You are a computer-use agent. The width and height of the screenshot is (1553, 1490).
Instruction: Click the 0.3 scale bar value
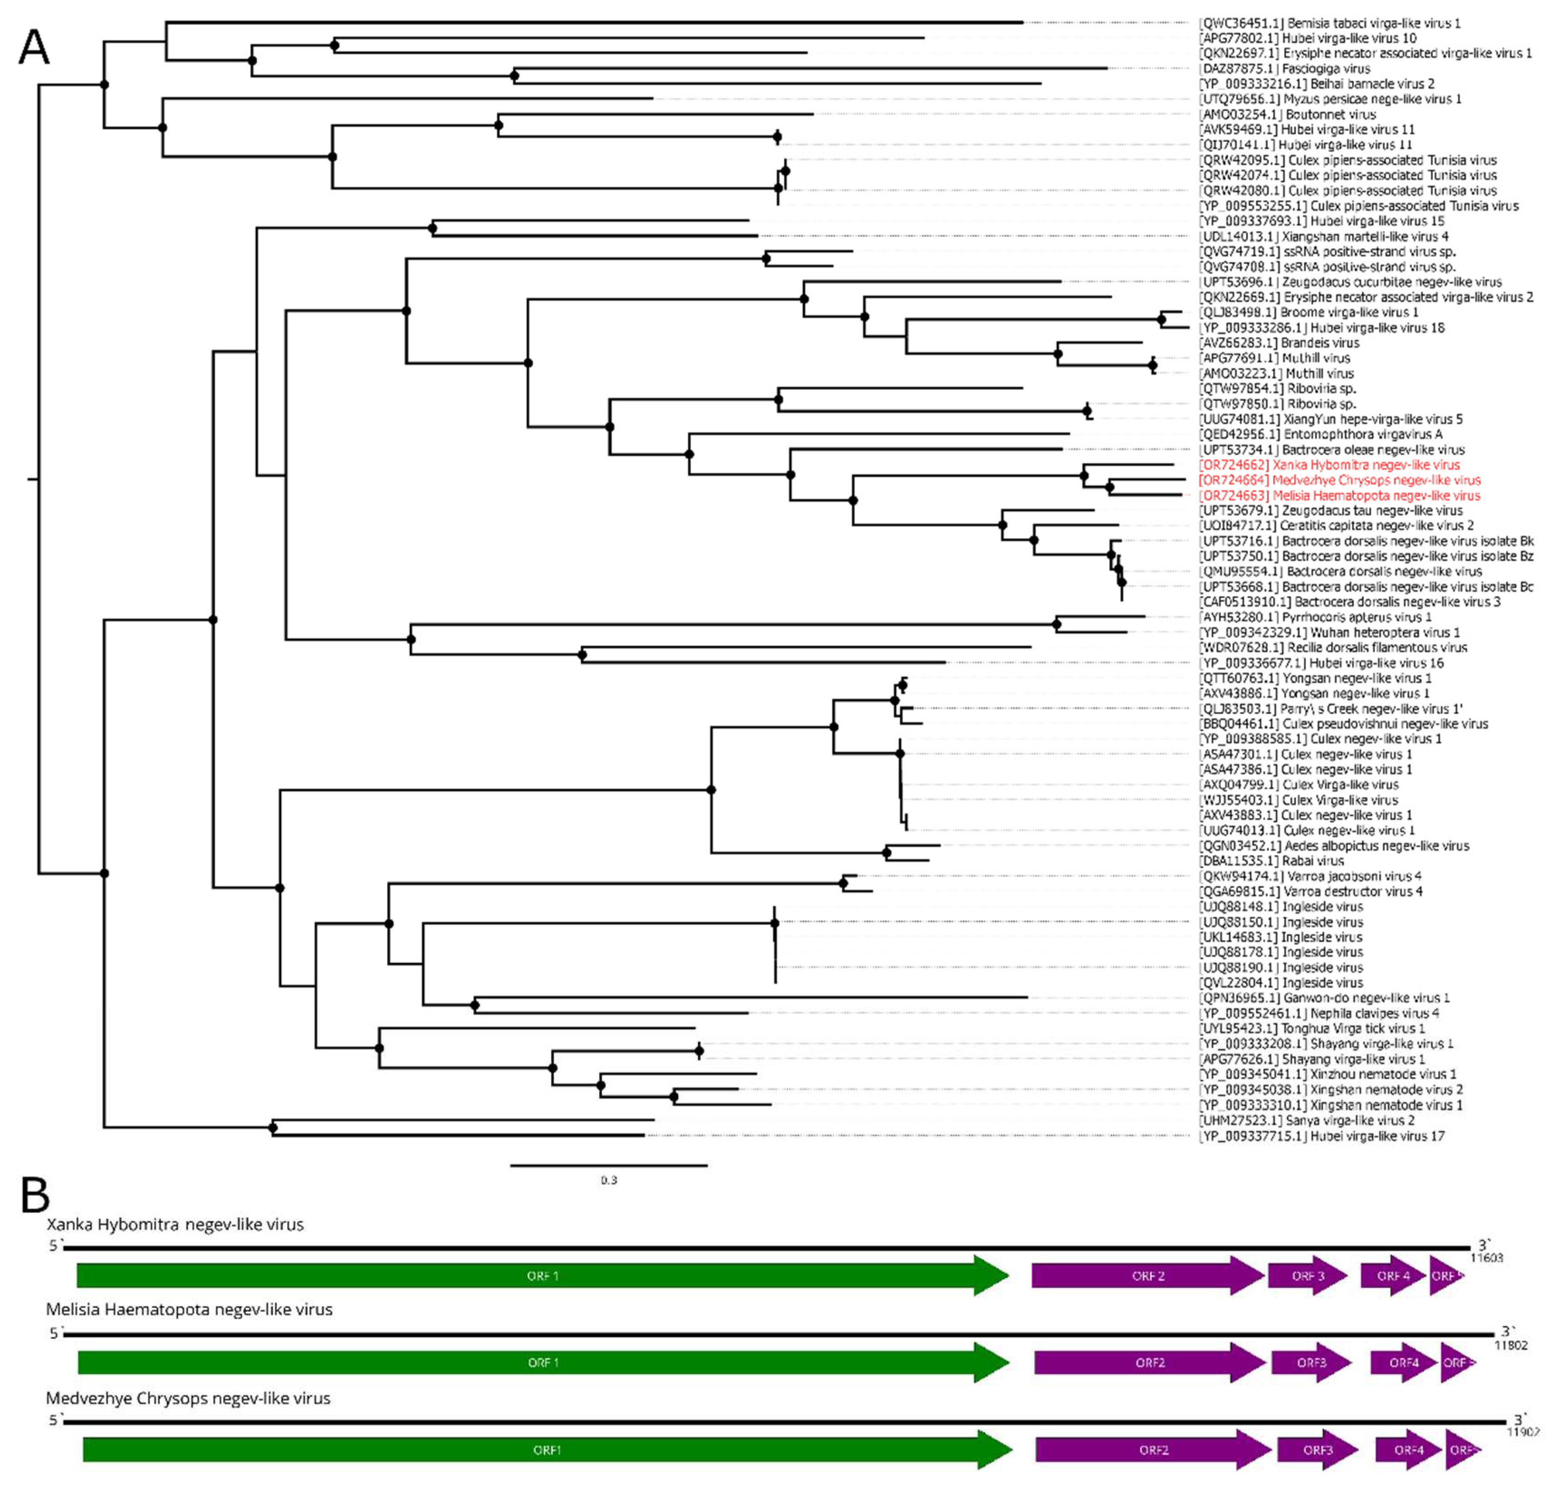(609, 1180)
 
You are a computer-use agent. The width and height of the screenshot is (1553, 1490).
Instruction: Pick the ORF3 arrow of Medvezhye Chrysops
(1317, 1450)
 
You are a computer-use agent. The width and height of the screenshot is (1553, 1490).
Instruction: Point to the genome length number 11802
(1511, 1345)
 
